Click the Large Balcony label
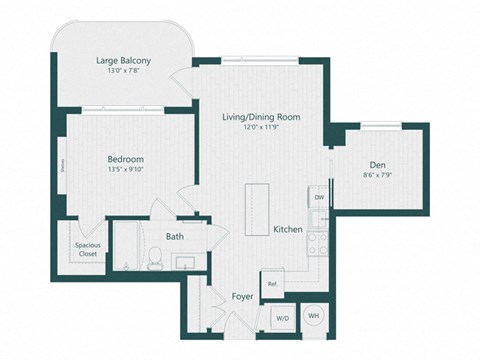point(123,60)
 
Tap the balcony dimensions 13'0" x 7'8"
point(123,71)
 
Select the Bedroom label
point(126,159)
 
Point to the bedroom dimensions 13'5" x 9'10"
point(126,170)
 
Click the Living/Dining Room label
point(261,117)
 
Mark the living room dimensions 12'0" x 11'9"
point(261,128)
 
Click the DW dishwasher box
point(319,198)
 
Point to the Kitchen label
point(288,230)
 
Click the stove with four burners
point(318,242)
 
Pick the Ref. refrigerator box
point(272,284)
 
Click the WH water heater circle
point(313,316)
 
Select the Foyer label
point(242,296)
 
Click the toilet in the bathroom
point(154,259)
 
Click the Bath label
point(175,237)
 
